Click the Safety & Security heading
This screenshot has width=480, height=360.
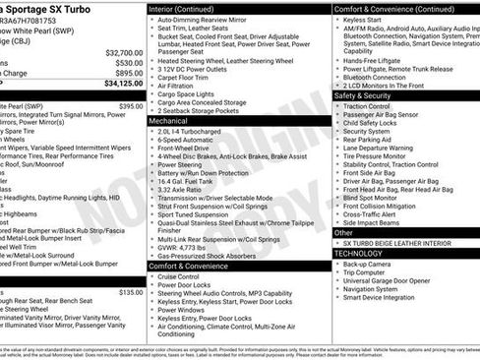tap(362, 95)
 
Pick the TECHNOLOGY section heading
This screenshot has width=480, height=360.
tap(358, 253)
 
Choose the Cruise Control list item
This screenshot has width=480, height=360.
tap(184, 277)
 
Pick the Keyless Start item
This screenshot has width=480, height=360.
tap(366, 20)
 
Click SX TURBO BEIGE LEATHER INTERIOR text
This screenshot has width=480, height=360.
tap(396, 242)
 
